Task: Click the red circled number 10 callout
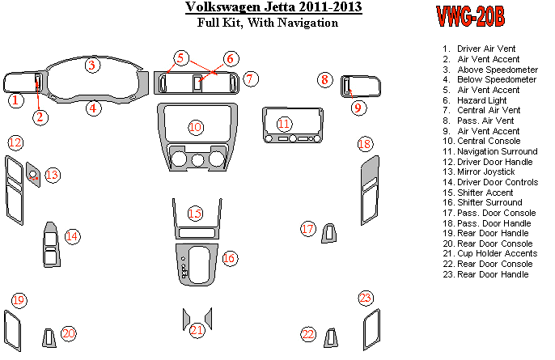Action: click(x=195, y=128)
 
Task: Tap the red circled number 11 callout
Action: click(x=284, y=124)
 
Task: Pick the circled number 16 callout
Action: click(x=229, y=258)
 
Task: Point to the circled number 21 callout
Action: click(x=197, y=330)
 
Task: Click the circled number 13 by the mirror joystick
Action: click(x=53, y=175)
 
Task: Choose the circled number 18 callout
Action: click(x=366, y=144)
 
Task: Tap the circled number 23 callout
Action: click(x=366, y=299)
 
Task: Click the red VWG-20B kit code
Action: click(x=471, y=15)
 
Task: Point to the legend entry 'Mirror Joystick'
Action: click(x=485, y=172)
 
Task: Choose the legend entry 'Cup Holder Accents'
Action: click(x=496, y=253)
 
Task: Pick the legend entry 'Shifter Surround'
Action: click(x=489, y=202)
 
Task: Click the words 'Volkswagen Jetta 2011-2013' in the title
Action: click(x=273, y=8)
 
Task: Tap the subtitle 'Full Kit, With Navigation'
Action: click(x=268, y=23)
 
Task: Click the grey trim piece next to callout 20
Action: click(x=50, y=337)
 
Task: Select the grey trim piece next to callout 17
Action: click(x=329, y=234)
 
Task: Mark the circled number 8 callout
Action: click(x=324, y=79)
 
